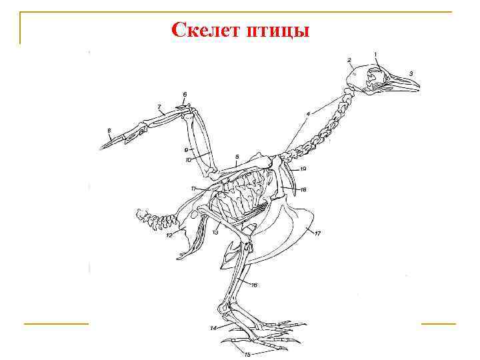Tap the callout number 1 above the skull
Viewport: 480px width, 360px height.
click(375, 54)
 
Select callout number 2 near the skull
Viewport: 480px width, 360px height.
click(349, 60)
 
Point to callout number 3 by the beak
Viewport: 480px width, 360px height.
click(411, 73)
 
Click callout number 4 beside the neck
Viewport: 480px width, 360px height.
click(308, 114)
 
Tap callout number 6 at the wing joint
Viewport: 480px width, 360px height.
click(185, 93)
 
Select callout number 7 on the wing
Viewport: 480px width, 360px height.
click(159, 107)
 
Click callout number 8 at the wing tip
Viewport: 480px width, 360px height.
click(109, 130)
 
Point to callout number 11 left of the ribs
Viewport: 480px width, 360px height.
click(193, 189)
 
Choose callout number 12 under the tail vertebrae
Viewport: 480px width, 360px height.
click(169, 235)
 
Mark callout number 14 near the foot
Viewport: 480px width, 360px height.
click(213, 328)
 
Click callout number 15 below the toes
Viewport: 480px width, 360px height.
click(247, 355)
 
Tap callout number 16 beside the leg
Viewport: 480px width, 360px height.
click(254, 285)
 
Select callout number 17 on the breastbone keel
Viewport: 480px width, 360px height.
click(318, 233)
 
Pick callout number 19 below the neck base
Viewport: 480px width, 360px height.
click(303, 169)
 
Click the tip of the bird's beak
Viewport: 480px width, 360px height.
click(419, 86)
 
